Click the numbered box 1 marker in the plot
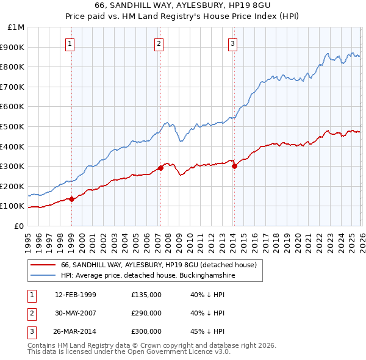pyautogui.click(x=71, y=43)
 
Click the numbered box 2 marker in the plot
pyautogui.click(x=159, y=43)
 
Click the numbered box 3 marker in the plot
pyautogui.click(x=233, y=43)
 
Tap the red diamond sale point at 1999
pyautogui.click(x=72, y=199)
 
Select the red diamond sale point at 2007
pyautogui.click(x=160, y=168)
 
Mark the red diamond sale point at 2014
pyautogui.click(x=234, y=166)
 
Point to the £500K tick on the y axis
pyautogui.click(x=13, y=126)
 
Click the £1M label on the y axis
pyautogui.click(x=16, y=27)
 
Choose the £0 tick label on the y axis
pyautogui.click(x=20, y=226)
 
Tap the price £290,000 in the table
pyautogui.click(x=146, y=313)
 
